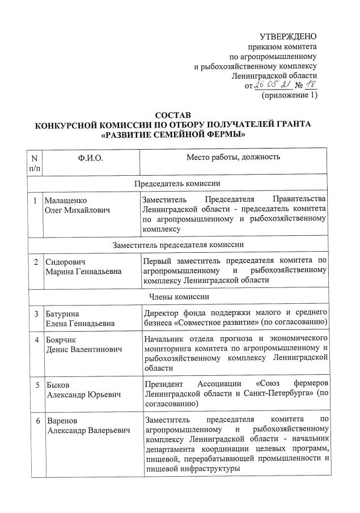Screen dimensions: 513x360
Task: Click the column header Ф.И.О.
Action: [x=91, y=158]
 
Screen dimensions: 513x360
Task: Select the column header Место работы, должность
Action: [x=233, y=157]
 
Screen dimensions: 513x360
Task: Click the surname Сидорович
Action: [x=66, y=262]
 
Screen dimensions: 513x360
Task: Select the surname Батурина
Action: [x=63, y=313]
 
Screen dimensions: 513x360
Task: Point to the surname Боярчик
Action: [x=63, y=340]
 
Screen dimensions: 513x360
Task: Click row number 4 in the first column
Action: [x=36, y=340]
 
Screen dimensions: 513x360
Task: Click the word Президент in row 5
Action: [x=165, y=383]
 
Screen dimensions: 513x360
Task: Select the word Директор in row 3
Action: [x=163, y=312]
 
